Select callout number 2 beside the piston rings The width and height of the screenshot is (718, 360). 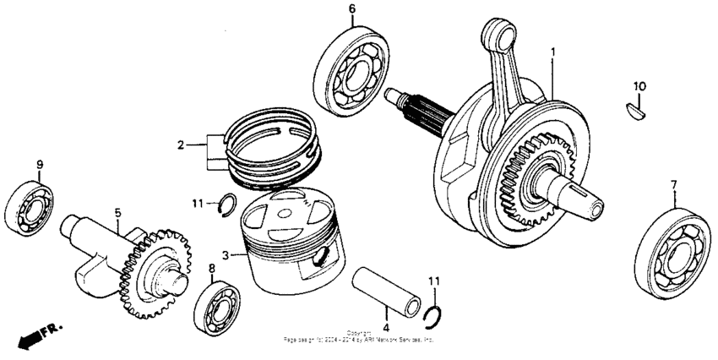181,145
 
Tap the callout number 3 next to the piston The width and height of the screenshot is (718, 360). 225,254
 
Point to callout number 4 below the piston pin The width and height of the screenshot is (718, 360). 386,328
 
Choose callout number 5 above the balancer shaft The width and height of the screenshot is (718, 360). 118,213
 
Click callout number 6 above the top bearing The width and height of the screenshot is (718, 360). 351,9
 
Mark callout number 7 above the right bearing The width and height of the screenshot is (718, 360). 673,184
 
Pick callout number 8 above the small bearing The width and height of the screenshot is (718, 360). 211,268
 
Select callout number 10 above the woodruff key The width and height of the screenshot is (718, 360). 639,86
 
